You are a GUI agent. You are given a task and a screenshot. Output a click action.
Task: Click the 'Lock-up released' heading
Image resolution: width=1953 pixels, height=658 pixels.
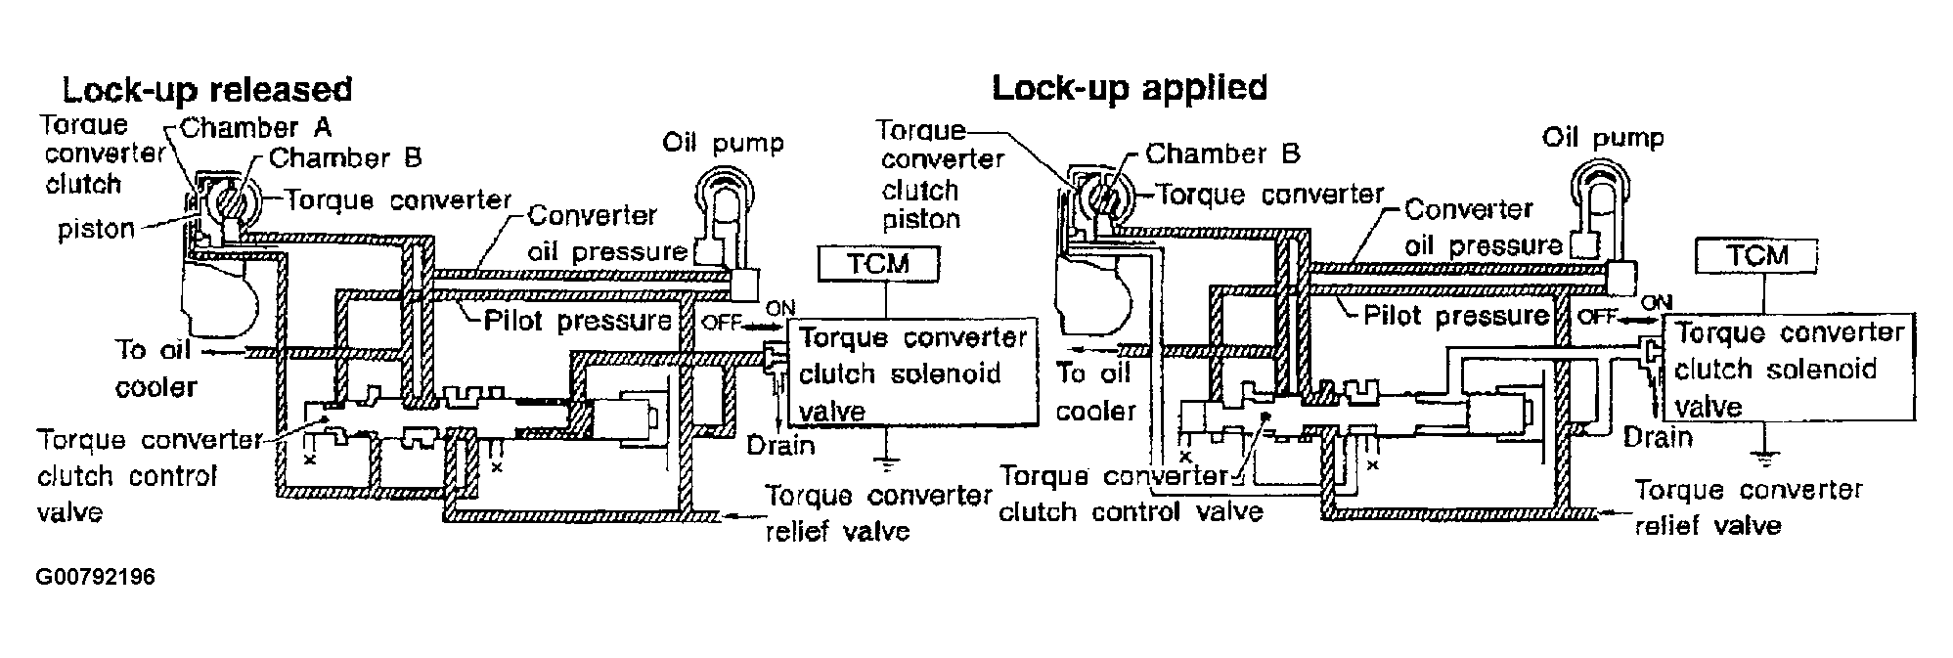206,90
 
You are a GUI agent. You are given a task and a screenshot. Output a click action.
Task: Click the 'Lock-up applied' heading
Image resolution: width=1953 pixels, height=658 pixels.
1130,88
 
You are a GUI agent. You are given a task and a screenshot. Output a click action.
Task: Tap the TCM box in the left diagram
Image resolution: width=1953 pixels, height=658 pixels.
879,263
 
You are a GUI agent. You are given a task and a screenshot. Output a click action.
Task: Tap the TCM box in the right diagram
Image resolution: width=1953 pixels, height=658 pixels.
1757,256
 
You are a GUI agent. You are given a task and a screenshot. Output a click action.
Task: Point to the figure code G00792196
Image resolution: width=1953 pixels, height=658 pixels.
95,577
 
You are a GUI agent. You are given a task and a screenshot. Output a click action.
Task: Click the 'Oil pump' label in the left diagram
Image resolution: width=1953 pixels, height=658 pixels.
723,143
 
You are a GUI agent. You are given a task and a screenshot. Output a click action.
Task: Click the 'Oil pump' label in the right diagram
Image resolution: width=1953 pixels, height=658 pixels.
1603,137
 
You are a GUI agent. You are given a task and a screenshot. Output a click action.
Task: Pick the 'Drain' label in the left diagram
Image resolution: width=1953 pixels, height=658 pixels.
780,446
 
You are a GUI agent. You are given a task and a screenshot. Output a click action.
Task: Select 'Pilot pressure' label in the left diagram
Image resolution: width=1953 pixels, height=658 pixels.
578,321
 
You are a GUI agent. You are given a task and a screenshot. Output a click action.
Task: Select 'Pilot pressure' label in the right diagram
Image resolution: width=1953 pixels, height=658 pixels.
1456,316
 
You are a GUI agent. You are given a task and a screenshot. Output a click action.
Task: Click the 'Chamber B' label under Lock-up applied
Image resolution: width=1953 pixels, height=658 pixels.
1222,154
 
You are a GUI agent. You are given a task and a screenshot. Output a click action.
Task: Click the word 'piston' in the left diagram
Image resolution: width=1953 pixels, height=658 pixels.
96,230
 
